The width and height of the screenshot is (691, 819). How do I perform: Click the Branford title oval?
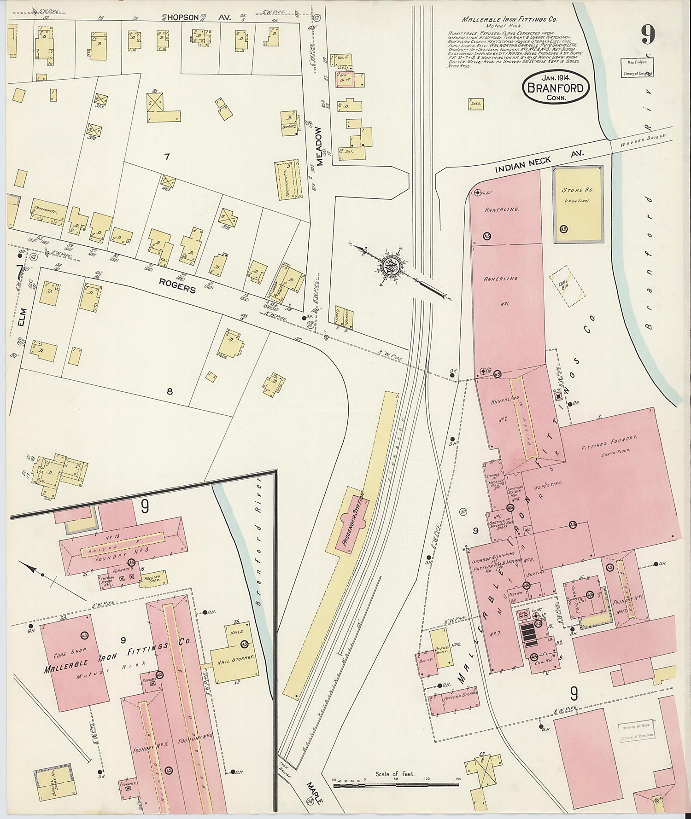click(556, 87)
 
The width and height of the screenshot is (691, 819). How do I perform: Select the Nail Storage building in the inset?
click(235, 661)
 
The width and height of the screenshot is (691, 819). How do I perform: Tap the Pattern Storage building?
click(455, 699)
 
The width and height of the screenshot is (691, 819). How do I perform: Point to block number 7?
click(167, 157)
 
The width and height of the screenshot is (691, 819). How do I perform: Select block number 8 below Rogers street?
click(170, 391)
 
